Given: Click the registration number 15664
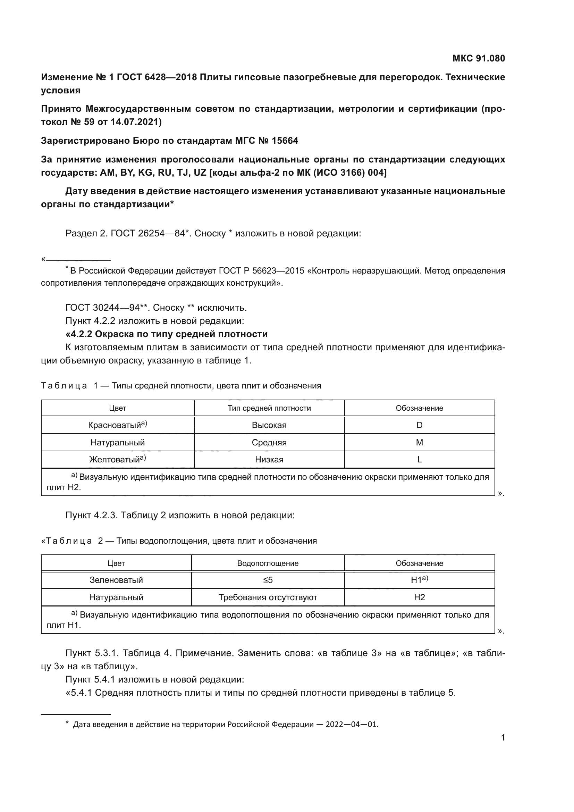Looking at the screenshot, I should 285,141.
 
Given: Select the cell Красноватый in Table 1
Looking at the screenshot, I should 117,425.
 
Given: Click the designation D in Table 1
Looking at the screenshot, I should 419,425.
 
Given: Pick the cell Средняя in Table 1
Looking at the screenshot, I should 269,442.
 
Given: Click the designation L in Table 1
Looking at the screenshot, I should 419,459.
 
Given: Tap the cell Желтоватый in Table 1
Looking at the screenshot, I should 117,459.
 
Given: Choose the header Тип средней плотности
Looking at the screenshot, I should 269,408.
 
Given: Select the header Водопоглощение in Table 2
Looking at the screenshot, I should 268,563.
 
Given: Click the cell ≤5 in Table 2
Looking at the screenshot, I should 268,580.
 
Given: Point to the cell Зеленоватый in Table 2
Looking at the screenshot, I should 116,580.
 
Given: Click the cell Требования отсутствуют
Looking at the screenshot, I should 268,597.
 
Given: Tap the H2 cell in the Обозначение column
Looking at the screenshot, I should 419,597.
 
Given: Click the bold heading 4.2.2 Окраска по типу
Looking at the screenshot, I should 167,334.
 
